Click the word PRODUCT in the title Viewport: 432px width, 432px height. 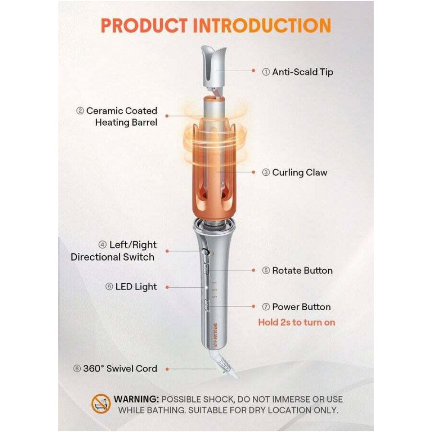coord(144,25)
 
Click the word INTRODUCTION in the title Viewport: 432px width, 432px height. coord(262,25)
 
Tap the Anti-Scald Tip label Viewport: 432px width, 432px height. coord(302,72)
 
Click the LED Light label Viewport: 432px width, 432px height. coord(136,287)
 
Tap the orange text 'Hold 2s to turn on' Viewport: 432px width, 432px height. coord(296,322)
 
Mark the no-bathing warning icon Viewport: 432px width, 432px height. coord(101,403)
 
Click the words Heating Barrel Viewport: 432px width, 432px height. coord(126,122)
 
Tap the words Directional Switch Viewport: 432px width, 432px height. coord(112,257)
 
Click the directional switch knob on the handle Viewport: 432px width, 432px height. coord(205,251)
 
